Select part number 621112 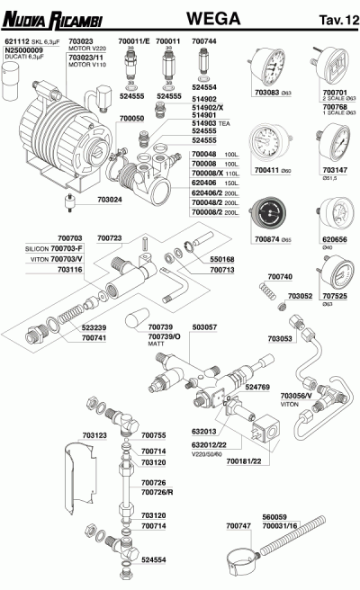18,41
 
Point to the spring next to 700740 266,291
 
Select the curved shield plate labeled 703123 79,479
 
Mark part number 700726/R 157,492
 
